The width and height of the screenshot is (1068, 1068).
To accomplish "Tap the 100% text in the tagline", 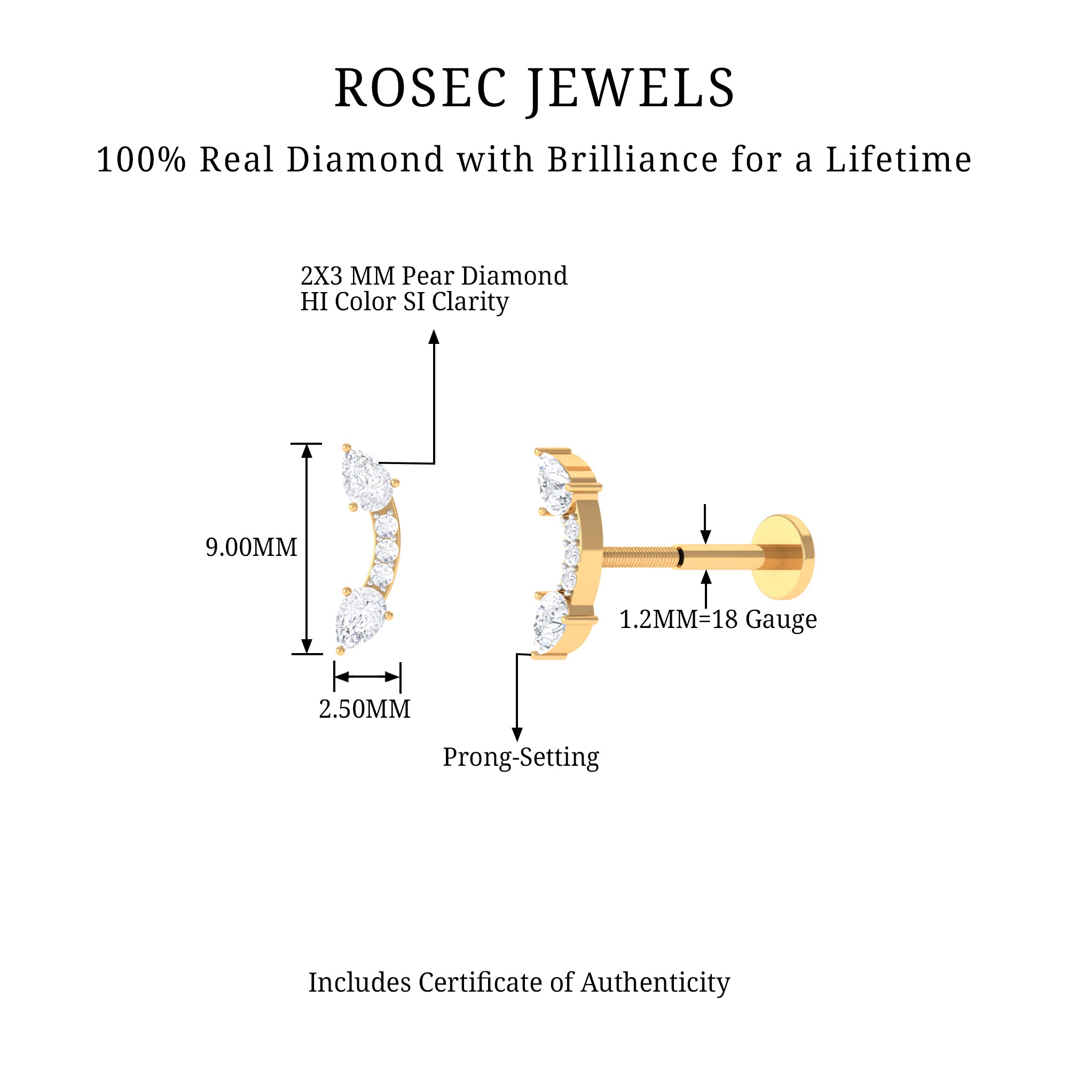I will [x=141, y=160].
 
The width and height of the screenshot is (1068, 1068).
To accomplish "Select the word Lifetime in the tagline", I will [x=898, y=160].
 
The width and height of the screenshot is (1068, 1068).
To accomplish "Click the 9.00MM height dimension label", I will [x=252, y=548].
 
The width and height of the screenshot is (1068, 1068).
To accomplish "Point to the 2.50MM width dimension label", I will [x=365, y=709].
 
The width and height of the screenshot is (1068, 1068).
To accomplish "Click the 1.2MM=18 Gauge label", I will [x=718, y=619].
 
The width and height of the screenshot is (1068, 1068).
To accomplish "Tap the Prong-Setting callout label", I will [x=521, y=757].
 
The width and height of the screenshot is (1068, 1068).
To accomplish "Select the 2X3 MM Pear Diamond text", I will [x=434, y=276].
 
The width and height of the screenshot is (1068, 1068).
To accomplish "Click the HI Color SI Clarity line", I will [x=404, y=302].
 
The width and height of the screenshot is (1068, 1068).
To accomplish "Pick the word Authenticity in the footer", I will [x=655, y=983].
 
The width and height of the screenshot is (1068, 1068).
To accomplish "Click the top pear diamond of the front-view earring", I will [x=366, y=480].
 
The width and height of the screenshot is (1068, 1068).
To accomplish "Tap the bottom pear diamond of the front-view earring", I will [x=360, y=616].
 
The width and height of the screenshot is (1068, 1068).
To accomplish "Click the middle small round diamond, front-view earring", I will [x=386, y=551].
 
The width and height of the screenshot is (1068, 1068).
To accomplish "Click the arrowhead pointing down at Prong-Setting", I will [x=517, y=734].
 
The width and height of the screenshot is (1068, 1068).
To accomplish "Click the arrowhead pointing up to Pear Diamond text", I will [x=434, y=336].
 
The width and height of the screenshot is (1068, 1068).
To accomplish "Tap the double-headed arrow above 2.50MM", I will [x=367, y=677].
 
